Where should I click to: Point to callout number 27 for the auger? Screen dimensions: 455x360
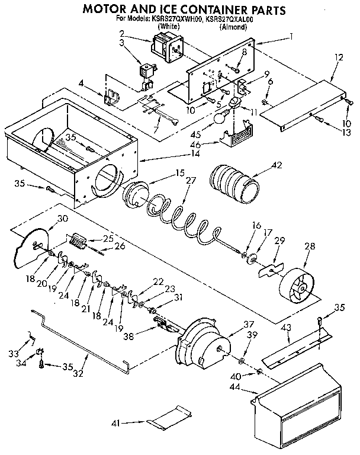(189, 180)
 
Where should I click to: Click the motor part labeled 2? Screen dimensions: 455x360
(166, 46)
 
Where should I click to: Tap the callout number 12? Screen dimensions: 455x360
(339, 57)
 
